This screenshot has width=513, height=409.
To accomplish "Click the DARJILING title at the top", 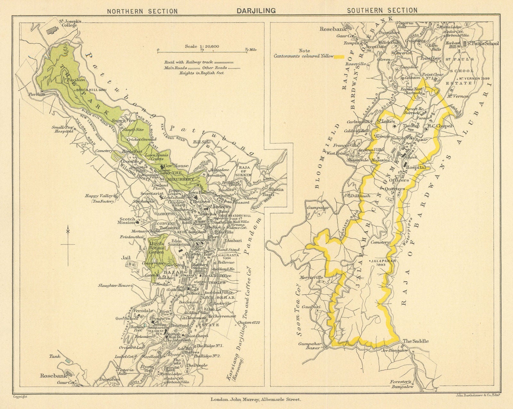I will point(256,11).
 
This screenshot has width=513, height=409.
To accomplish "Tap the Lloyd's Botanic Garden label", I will point(156,248).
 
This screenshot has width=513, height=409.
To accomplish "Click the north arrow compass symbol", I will point(68,245).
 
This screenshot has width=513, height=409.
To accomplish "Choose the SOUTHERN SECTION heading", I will point(382,10).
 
